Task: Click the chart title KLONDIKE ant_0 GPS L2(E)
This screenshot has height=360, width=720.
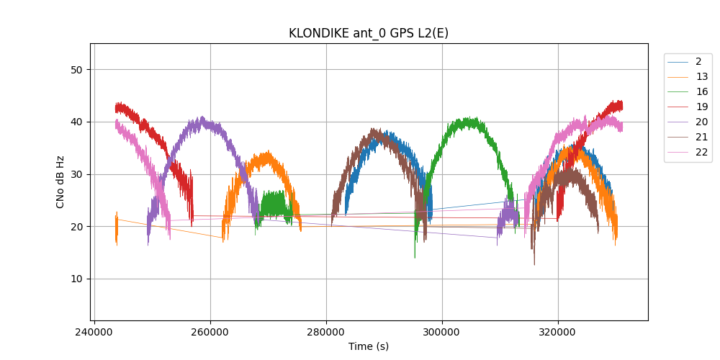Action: tap(369, 33)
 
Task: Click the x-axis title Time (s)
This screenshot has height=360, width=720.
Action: tap(369, 346)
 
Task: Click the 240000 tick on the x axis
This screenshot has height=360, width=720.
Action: tap(94, 333)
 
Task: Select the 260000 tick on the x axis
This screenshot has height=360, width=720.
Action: tap(210, 333)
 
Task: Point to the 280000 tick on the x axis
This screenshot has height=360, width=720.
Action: tap(326, 333)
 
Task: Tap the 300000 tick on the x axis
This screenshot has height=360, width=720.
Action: tap(442, 333)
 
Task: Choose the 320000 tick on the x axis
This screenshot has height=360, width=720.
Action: tap(558, 333)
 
